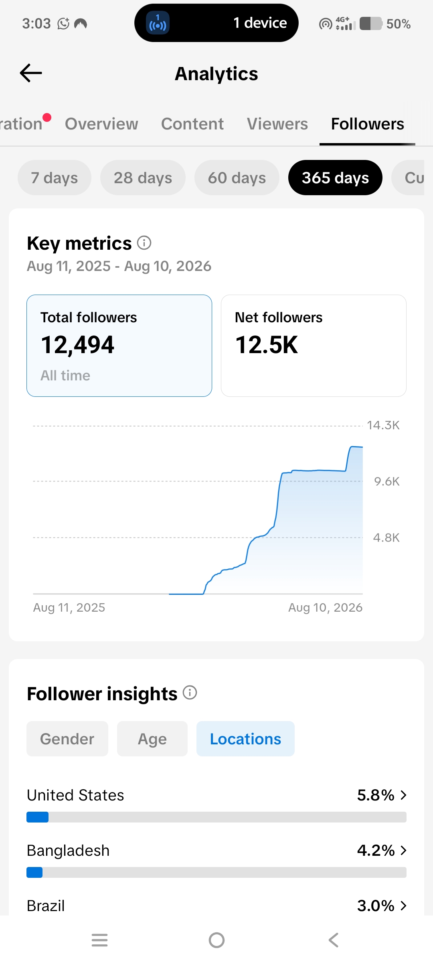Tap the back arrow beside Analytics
click(x=31, y=73)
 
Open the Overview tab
click(x=101, y=124)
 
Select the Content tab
click(x=192, y=124)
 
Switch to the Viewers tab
click(x=277, y=124)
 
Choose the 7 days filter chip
click(x=55, y=178)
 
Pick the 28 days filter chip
click(x=143, y=178)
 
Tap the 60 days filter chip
click(x=237, y=178)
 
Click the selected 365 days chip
click(x=335, y=178)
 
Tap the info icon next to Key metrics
click(x=144, y=243)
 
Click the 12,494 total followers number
click(x=78, y=345)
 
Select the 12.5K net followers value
click(x=267, y=345)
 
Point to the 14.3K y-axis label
click(x=383, y=425)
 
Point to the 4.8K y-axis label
click(x=386, y=538)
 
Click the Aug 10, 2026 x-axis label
click(x=325, y=608)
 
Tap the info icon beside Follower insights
click(x=190, y=693)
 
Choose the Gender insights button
click(x=67, y=739)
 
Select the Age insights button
click(x=152, y=739)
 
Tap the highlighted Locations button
click(x=245, y=739)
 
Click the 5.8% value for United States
click(x=376, y=795)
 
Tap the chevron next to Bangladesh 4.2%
click(x=403, y=850)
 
